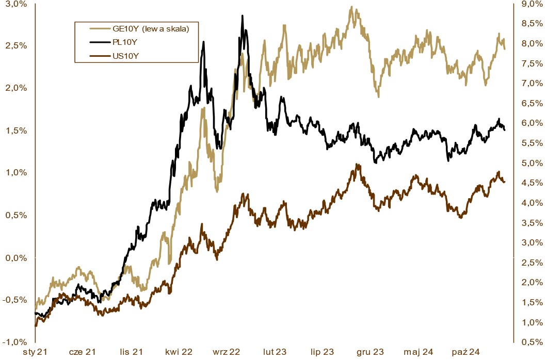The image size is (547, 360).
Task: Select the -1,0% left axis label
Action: [16, 342]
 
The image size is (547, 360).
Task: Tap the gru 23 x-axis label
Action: [371, 352]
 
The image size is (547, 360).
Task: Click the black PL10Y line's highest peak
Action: [242, 16]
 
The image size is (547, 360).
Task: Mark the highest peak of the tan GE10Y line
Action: [351, 7]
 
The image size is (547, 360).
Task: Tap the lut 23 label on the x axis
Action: [275, 352]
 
